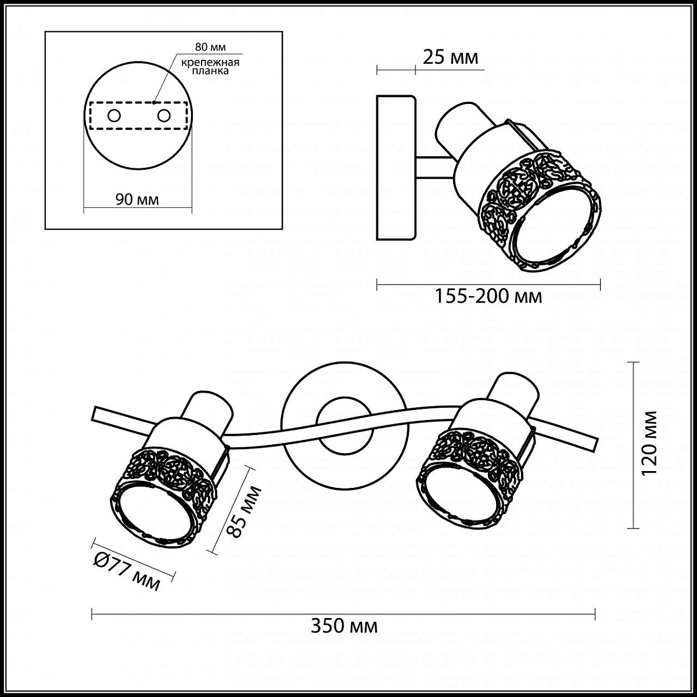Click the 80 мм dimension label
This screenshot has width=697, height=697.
(210, 47)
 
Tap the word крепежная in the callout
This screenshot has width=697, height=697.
(210, 63)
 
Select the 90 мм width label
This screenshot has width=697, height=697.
(137, 199)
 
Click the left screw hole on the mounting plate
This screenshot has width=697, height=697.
(114, 116)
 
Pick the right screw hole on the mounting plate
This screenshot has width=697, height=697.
(163, 116)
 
